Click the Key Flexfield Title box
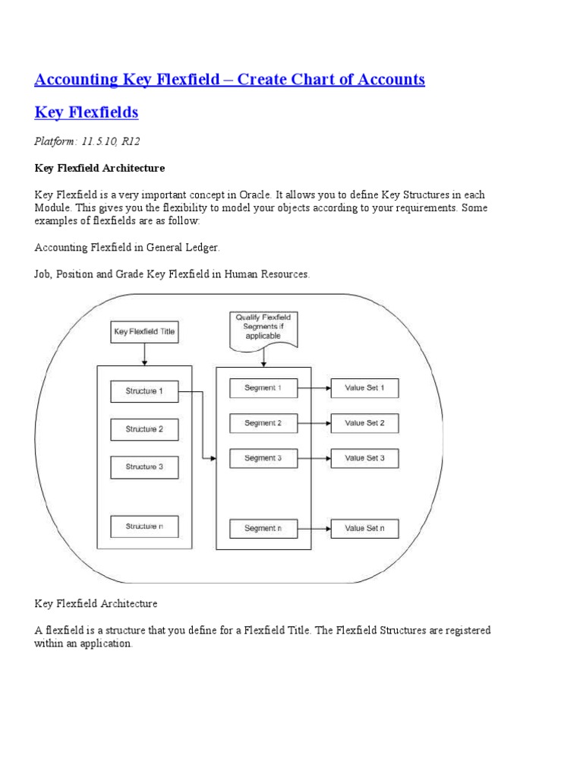(144, 331)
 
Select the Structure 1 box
(144, 391)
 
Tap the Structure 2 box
(144, 429)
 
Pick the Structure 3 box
(144, 466)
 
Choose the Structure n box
(144, 526)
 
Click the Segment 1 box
(263, 388)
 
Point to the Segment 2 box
(263, 423)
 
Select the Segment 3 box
(263, 458)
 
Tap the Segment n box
(263, 528)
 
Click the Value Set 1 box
(364, 388)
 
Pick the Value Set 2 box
(364, 423)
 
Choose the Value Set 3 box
(364, 458)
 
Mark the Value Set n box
(364, 528)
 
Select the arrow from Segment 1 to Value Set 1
(314, 388)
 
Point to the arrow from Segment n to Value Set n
(314, 528)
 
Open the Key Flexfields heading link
(87, 112)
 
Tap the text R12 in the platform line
(130, 141)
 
